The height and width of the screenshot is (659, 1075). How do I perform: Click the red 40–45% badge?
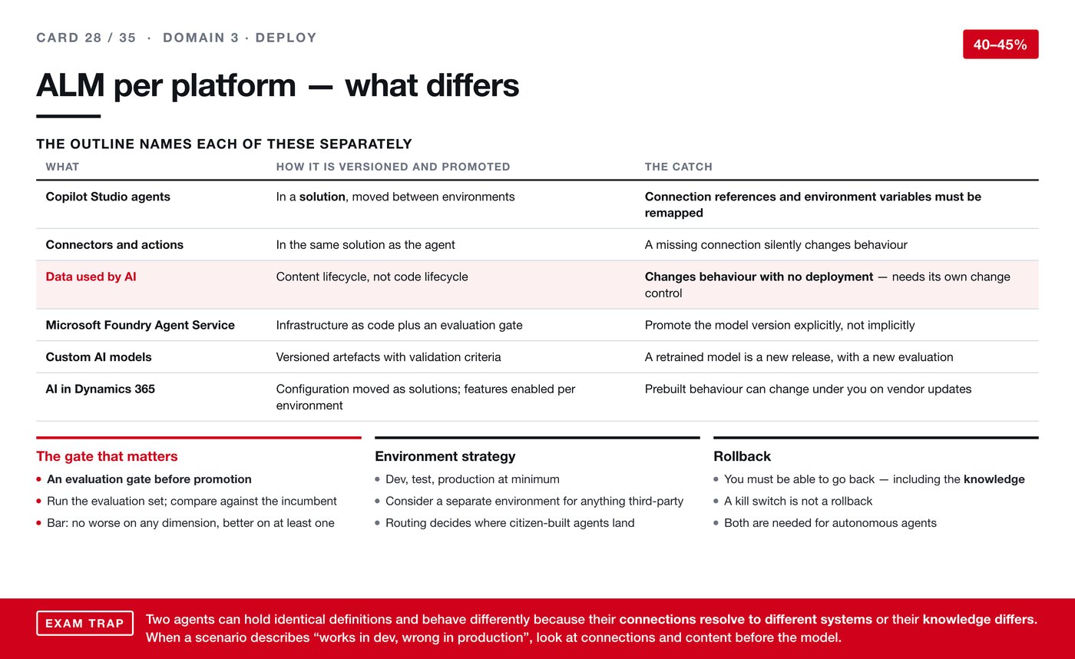point(1000,44)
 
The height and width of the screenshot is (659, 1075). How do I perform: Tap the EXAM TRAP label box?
point(85,623)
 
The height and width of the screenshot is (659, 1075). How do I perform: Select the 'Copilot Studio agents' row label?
point(108,197)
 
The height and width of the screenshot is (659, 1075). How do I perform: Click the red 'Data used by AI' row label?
point(91,277)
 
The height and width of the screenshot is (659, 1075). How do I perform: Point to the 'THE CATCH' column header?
point(679,167)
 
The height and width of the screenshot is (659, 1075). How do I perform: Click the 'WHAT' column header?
point(62,167)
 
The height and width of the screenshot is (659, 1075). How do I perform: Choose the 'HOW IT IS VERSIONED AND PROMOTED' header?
point(393,167)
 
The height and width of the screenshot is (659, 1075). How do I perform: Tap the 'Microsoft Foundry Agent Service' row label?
point(140,325)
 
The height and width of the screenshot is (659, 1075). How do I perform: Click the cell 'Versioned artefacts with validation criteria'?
point(389,357)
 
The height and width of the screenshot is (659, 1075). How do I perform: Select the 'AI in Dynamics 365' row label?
point(101,389)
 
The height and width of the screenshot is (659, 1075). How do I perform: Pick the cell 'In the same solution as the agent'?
point(365,245)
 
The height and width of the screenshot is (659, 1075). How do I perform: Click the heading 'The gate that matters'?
point(107,456)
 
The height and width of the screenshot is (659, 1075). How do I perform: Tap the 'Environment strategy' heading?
point(445,456)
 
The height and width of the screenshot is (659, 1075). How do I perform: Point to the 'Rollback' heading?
point(742,456)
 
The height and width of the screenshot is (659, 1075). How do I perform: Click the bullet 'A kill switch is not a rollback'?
point(798,501)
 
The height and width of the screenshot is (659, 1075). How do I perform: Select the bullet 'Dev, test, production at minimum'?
point(472,479)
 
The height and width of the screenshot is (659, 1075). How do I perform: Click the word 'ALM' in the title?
point(71,85)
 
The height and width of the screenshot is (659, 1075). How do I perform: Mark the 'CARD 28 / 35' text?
point(86,38)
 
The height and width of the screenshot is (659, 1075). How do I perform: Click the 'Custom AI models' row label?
point(98,357)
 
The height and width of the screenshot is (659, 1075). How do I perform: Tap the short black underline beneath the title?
point(68,116)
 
